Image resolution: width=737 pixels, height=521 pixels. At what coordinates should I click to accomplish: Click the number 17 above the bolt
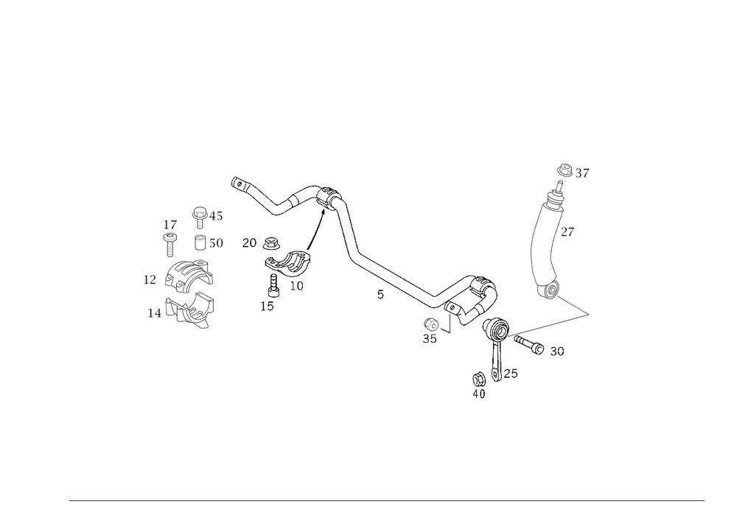coord(170,223)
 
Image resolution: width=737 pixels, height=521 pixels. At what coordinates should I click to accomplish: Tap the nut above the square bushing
coord(198,214)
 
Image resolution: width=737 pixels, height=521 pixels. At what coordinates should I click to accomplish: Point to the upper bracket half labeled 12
coord(184,277)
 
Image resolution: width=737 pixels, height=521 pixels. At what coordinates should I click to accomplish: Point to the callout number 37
coord(584,174)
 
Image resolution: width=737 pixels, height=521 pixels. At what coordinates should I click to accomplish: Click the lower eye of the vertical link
coord(549,293)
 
